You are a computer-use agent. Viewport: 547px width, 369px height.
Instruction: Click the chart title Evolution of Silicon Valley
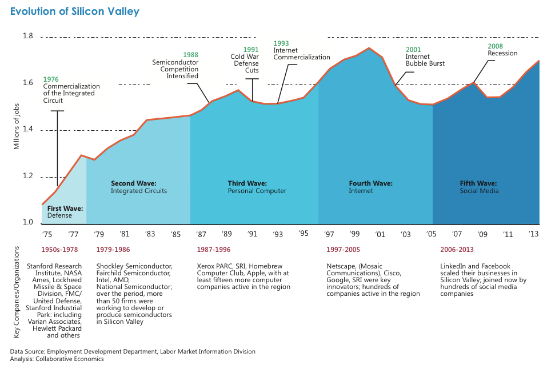tap(75, 11)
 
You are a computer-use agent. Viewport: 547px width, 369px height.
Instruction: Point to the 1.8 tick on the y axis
tap(28, 36)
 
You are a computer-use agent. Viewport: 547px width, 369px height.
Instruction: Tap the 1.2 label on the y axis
tap(28, 176)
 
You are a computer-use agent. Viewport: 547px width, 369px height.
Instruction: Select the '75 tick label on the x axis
tap(47, 234)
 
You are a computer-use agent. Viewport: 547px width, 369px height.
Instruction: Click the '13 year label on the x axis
tap(534, 234)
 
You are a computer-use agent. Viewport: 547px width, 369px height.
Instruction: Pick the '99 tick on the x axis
tap(354, 234)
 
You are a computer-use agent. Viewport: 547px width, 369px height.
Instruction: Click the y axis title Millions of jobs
tap(17, 127)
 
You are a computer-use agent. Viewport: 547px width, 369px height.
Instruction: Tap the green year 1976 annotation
tap(51, 79)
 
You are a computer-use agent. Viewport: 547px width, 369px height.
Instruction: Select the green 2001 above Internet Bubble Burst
tap(413, 50)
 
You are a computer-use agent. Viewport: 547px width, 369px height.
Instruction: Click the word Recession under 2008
tap(502, 53)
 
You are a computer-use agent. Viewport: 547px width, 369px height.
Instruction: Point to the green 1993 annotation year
tap(281, 43)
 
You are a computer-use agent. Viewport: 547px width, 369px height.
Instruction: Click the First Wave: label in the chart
tap(65, 208)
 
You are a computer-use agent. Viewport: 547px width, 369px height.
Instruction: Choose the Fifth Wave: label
tap(478, 183)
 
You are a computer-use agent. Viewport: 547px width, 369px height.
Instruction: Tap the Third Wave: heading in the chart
tap(247, 183)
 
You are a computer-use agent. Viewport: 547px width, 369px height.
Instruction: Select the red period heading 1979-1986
tap(113, 250)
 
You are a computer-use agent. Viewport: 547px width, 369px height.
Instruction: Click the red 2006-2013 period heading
tap(457, 250)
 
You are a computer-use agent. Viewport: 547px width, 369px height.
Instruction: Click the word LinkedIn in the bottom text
tap(453, 266)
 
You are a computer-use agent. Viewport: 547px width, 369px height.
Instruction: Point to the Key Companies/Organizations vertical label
tap(17, 292)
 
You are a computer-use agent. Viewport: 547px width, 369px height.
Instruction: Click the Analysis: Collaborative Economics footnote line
tap(57, 359)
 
